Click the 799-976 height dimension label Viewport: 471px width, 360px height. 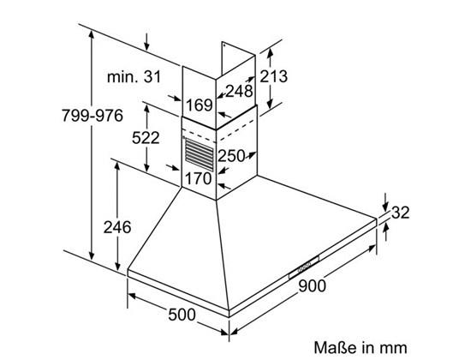pos(92,115)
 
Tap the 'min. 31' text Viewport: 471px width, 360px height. pos(134,76)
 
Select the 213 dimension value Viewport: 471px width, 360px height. pos(273,76)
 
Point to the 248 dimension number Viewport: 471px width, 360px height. pos(239,91)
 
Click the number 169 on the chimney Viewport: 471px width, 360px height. pos(200,105)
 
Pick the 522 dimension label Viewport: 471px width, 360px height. pos(146,138)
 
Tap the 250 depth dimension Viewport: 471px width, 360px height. pos(231,156)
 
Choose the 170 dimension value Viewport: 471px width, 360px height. pos(199,178)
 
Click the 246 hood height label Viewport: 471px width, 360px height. pos(117,227)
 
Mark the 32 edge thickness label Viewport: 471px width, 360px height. pos(401,213)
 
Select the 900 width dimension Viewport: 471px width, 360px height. pos(312,285)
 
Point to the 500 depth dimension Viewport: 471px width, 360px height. pos(182,315)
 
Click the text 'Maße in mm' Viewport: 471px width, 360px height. pos(361,348)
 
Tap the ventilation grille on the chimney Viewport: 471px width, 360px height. pos(200,154)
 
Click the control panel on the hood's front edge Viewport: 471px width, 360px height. pos(304,267)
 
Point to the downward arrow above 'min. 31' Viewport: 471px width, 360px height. pos(146,42)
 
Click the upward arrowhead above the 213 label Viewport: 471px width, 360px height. pos(270,53)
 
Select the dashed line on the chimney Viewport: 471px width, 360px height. pos(219,131)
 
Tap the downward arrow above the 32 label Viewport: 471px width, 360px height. pos(386,202)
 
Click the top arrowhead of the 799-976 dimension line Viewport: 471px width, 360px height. pos(92,35)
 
